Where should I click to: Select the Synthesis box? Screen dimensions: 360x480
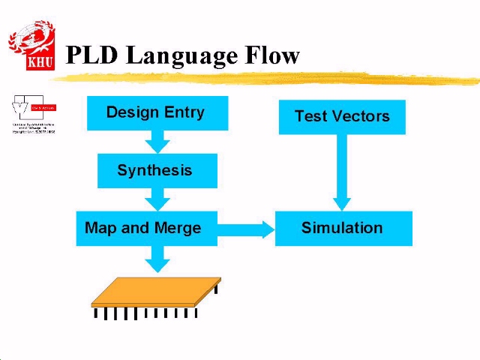157,171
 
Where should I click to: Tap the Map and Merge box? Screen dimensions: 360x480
146,228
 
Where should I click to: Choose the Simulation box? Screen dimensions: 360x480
343,228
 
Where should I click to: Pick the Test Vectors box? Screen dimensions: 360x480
342,117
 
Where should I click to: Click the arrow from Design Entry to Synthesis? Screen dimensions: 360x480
157,141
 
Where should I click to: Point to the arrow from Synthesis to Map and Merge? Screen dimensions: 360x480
157,199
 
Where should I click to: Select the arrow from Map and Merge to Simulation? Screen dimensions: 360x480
247,229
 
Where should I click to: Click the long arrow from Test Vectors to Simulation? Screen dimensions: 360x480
342,172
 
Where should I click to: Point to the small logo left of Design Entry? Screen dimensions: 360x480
34,115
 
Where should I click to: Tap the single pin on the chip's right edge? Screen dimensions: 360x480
217,287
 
